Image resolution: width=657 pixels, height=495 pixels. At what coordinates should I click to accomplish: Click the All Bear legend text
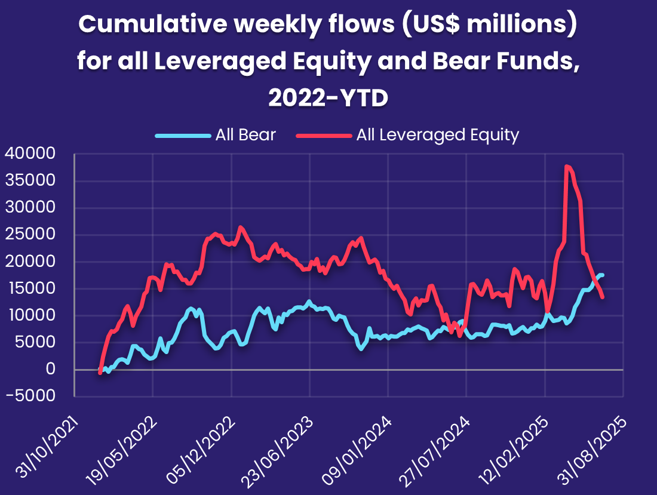(245, 135)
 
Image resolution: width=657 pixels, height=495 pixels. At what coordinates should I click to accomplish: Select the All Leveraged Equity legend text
(437, 135)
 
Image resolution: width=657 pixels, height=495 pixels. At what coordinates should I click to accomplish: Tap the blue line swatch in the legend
(183, 136)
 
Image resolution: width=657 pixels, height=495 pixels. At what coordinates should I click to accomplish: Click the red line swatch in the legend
(323, 136)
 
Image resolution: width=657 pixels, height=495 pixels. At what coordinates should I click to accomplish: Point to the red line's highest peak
(566, 167)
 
